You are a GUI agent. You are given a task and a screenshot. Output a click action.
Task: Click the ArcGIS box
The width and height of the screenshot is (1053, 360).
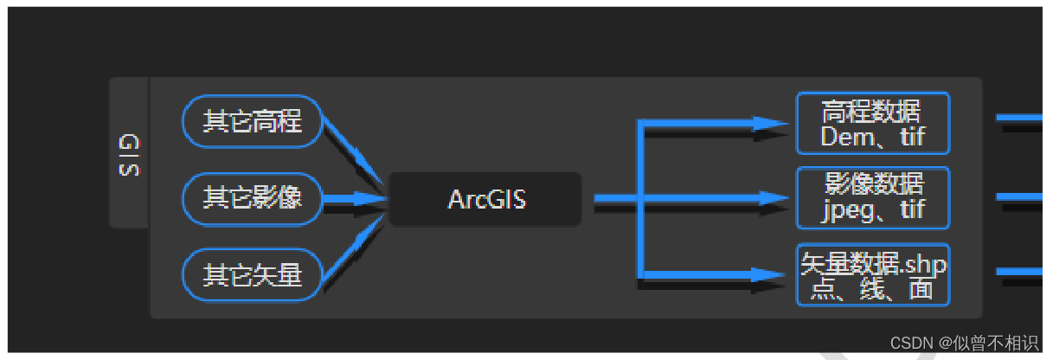pos(485,199)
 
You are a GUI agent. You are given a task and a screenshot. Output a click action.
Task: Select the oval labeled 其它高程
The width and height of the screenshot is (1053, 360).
pos(252,121)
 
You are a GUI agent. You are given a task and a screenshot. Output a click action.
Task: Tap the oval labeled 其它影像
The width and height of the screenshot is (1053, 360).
pos(252,198)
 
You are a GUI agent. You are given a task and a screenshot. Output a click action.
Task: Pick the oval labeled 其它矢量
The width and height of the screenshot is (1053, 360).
pos(252,275)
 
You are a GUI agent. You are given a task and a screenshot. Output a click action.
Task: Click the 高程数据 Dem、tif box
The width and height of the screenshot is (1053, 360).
pos(872,123)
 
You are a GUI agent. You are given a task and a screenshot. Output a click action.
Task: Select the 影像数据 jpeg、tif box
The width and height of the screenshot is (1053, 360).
pos(872,197)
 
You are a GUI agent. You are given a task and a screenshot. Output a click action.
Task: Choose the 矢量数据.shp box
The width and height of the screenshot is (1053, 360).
pos(872,274)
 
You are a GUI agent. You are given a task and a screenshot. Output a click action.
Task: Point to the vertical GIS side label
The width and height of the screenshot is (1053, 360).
pos(129,154)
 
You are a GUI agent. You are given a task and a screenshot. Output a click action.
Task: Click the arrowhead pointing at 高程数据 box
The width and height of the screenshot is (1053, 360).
pos(769,124)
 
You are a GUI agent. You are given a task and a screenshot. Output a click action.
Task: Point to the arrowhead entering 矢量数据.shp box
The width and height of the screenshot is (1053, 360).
pos(769,274)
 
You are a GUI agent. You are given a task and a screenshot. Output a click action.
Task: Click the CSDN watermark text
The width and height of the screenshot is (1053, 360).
pos(963,343)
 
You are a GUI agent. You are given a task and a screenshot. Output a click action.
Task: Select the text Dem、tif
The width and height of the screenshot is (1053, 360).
pos(872,136)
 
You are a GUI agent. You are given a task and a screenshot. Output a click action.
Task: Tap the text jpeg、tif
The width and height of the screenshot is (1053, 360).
pos(872,209)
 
